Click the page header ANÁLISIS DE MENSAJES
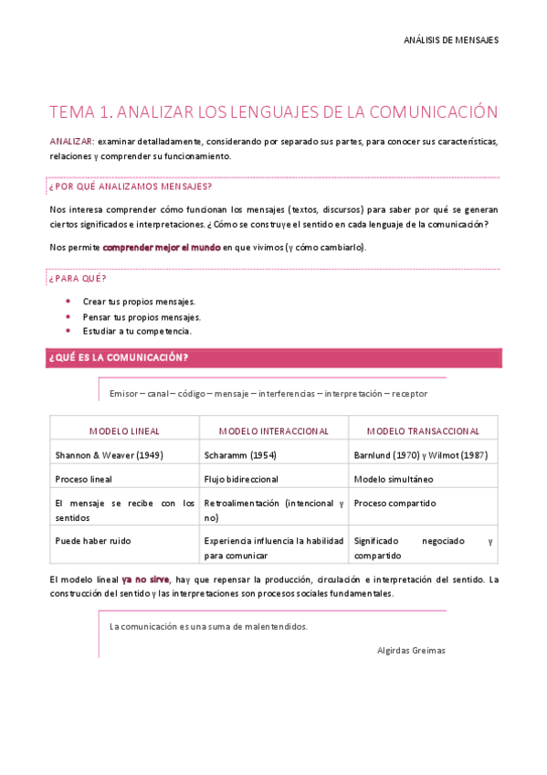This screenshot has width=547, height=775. (x=451, y=40)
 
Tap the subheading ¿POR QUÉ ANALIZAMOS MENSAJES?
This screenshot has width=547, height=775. (x=130, y=186)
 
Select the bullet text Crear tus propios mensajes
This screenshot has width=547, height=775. (x=139, y=302)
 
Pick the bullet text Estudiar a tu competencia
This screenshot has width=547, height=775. (x=137, y=331)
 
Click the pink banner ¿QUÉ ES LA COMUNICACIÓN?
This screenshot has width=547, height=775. (x=119, y=358)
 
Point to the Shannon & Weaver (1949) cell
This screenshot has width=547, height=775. (x=110, y=455)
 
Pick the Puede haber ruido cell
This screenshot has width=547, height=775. (x=93, y=541)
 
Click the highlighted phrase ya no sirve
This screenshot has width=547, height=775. (x=145, y=579)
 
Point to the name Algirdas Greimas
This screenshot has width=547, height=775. (x=411, y=650)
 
